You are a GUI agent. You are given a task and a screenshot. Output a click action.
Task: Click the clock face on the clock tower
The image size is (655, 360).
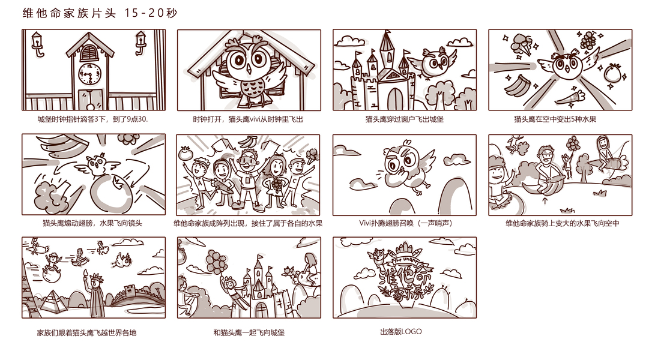click(x=89, y=74)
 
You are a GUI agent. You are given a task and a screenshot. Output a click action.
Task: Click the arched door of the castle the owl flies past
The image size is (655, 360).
click(x=394, y=100)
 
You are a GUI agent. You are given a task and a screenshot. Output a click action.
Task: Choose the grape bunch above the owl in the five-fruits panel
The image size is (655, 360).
click(x=588, y=40)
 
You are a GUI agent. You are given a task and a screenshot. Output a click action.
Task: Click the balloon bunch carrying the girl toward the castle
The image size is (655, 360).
click(x=216, y=262)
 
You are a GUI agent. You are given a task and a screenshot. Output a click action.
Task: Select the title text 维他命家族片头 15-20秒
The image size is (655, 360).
click(x=100, y=13)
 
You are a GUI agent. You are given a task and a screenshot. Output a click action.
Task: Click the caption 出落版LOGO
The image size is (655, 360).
click(x=401, y=332)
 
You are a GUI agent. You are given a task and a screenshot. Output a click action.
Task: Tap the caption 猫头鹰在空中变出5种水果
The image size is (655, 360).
click(x=555, y=119)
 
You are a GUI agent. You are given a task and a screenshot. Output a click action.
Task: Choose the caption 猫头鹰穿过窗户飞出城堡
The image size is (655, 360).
click(x=405, y=119)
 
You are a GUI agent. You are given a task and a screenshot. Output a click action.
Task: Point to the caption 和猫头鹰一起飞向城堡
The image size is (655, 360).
click(x=249, y=332)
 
